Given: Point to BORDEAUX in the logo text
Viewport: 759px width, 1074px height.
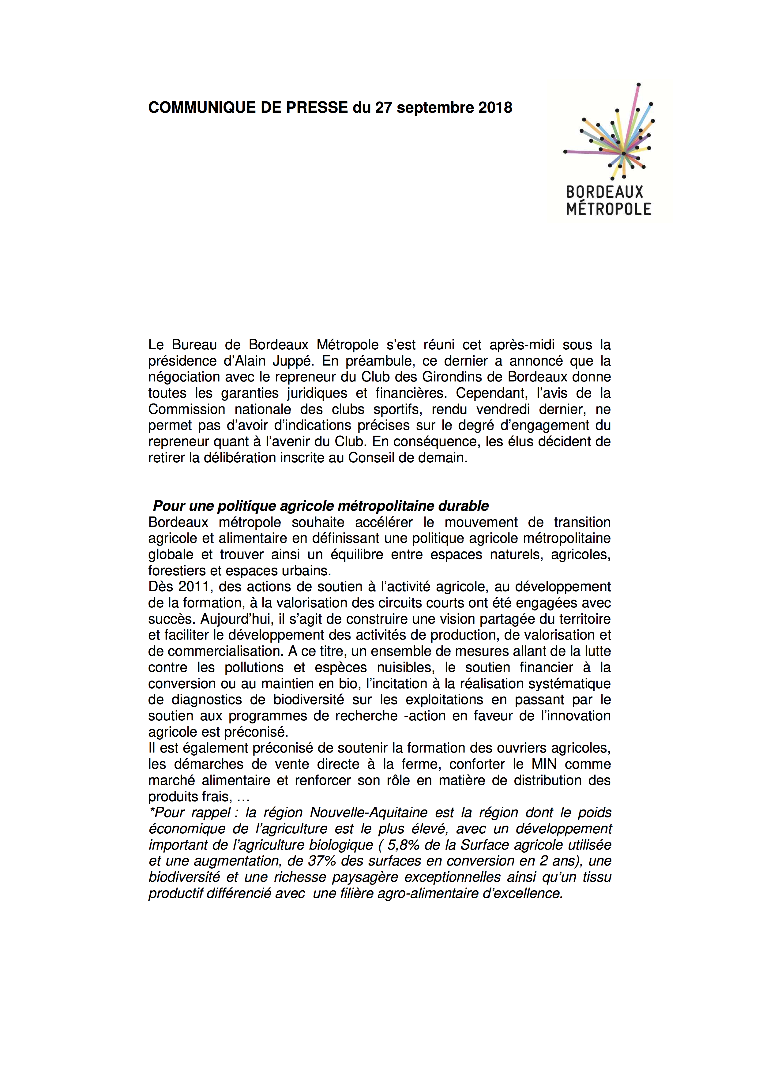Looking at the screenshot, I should pyautogui.click(x=605, y=192).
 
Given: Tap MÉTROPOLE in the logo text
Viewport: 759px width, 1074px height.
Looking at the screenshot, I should pyautogui.click(x=608, y=208).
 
